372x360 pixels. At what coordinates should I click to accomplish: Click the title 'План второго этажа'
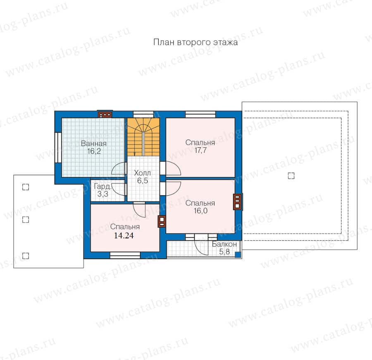click(195, 42)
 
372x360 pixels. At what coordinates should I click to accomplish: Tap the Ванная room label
click(94, 144)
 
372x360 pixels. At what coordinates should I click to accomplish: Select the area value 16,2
click(94, 151)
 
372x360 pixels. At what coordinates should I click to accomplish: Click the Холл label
click(142, 173)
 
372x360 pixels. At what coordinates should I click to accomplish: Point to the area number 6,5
click(143, 180)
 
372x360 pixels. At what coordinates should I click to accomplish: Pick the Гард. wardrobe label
click(102, 186)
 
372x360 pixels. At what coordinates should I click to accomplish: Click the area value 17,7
click(200, 150)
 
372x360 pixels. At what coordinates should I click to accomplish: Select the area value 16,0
click(200, 211)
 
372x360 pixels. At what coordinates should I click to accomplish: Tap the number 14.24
click(124, 235)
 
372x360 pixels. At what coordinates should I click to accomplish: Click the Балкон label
click(224, 244)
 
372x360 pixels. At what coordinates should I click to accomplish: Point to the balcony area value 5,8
click(224, 252)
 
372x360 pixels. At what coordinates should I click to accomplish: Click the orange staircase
click(143, 137)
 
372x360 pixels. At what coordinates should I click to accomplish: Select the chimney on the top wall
click(105, 115)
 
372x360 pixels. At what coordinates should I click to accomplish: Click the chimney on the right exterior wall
click(238, 202)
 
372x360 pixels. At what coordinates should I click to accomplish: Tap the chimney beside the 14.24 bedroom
click(162, 221)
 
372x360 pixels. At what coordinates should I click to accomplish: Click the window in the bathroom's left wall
click(58, 147)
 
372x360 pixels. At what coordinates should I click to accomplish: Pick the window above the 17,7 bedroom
click(200, 115)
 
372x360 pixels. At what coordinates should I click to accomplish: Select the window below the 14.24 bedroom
click(125, 255)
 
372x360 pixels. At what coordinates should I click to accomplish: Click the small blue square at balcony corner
click(238, 255)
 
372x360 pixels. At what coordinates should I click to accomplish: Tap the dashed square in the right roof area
click(291, 176)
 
